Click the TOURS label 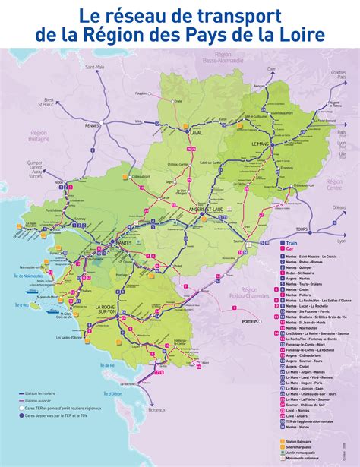coord(303,229)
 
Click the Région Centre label coord(333,186)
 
